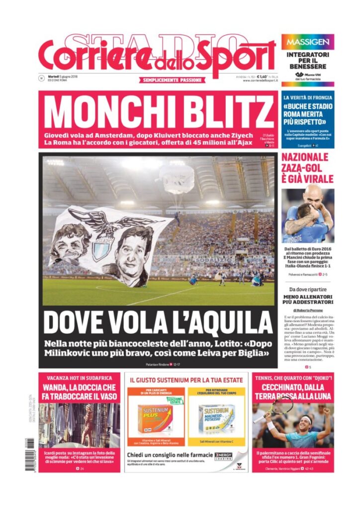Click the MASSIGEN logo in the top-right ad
click(307, 42)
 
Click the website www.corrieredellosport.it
click(259, 82)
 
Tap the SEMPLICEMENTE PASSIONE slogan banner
click(172, 80)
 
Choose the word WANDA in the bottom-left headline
click(57, 387)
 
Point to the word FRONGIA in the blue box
click(321, 97)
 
